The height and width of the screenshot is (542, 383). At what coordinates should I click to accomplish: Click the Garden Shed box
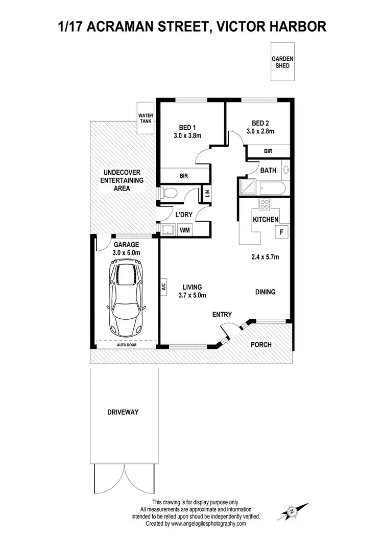[282, 62]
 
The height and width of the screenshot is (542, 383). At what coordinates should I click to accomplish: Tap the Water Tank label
[146, 119]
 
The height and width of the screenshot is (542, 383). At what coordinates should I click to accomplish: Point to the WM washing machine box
[184, 230]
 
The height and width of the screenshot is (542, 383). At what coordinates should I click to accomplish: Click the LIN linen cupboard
[207, 193]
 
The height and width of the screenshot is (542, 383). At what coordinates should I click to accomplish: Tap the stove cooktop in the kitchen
[265, 205]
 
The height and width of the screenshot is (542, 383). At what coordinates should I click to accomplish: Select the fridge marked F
[280, 232]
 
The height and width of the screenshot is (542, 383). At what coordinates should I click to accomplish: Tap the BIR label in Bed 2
[268, 151]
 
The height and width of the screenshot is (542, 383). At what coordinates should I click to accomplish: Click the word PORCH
[261, 344]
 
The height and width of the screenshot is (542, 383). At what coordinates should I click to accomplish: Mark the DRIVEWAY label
[123, 412]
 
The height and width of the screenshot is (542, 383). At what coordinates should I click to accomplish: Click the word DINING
[265, 292]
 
